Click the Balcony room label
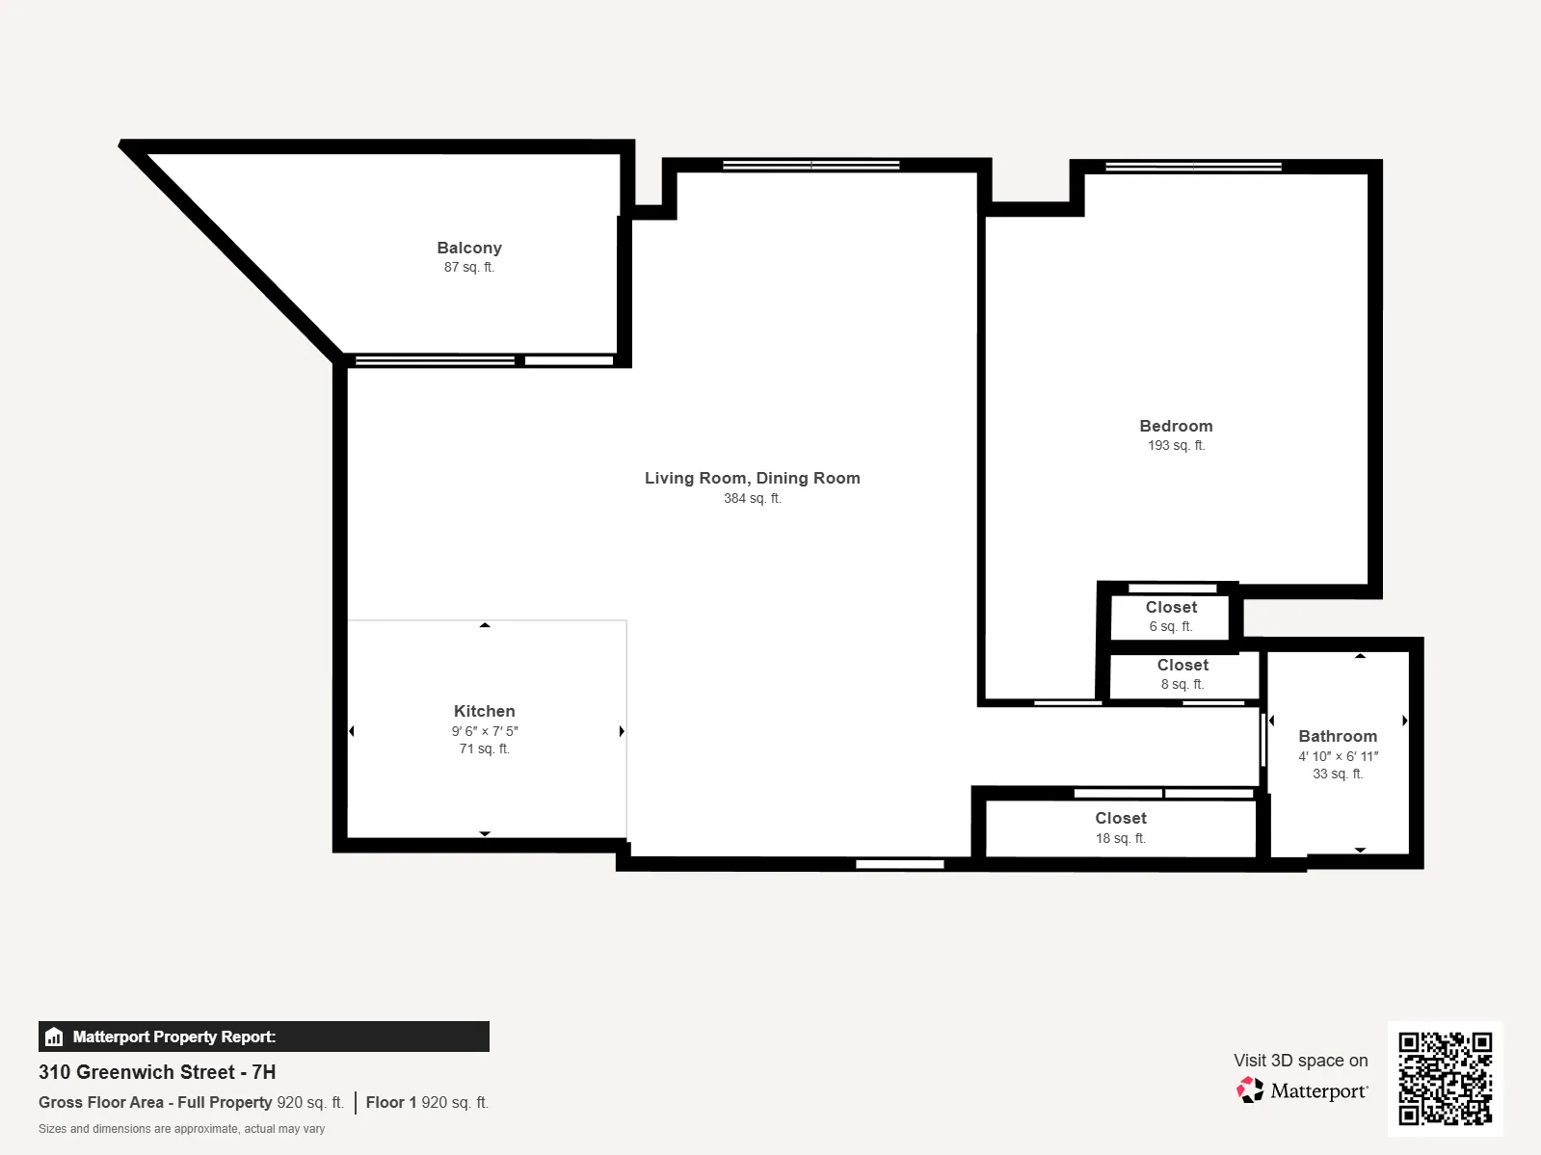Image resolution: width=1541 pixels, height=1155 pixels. coord(468,248)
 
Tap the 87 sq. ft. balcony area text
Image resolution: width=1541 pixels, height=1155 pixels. coord(468,267)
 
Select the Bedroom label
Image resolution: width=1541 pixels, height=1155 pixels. coord(1176,426)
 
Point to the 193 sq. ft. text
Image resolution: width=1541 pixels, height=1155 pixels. coord(1176,445)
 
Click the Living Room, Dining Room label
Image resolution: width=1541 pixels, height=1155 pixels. coord(752,478)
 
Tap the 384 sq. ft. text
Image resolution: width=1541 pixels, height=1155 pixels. coord(752,498)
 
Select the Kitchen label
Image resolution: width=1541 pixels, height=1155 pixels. coord(484,711)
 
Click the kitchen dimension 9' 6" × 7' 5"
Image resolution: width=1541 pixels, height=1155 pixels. coord(484,731)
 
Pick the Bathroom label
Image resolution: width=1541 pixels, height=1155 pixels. coord(1337,736)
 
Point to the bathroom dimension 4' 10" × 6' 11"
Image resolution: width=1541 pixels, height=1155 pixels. coord(1337,756)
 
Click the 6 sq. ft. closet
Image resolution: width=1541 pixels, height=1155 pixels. coord(1171,617)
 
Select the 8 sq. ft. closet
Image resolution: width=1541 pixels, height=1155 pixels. coord(1182,674)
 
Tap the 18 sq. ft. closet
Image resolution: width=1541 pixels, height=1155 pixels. coord(1120,827)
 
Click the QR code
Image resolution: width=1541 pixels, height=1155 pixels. coord(1445,1078)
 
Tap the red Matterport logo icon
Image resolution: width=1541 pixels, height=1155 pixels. coord(1250,1089)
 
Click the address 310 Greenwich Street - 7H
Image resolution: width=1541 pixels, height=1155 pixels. coord(157,1072)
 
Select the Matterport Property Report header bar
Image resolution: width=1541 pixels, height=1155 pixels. coord(263,1037)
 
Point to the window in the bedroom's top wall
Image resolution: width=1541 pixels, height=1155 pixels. coord(1192,167)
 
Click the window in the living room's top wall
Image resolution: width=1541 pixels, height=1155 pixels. coord(810,166)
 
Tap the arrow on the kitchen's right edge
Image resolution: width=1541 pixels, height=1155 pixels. coord(622,731)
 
